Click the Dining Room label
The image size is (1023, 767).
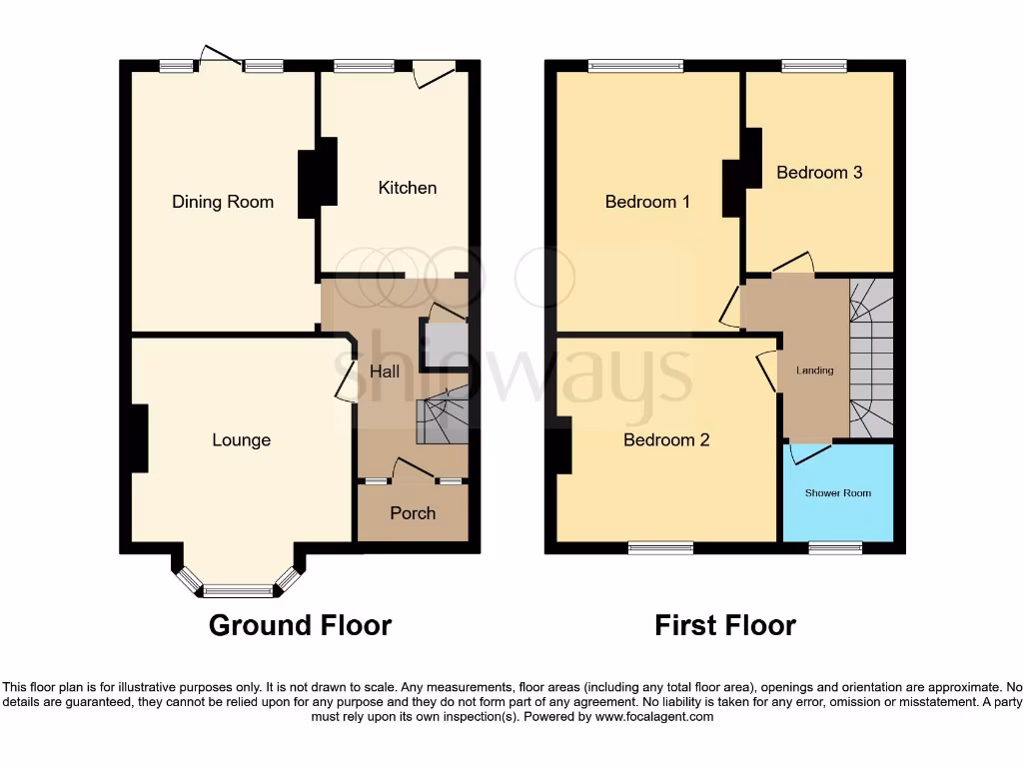point(222,202)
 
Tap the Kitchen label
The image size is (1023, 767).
point(407,188)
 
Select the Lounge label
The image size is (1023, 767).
point(241,440)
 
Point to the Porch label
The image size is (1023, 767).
point(413,513)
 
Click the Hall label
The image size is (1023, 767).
point(385,372)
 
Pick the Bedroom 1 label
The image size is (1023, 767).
point(647,202)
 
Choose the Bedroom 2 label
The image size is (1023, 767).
point(666,439)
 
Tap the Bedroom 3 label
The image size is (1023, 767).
point(819,173)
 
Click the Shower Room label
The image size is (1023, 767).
point(838,493)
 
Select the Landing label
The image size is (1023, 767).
point(814,371)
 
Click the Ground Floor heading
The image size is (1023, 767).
point(300,625)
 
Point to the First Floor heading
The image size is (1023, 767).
point(724,625)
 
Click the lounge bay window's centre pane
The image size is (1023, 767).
point(238,590)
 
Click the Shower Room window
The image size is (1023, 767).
point(835,547)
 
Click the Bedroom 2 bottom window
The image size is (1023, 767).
point(660,547)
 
